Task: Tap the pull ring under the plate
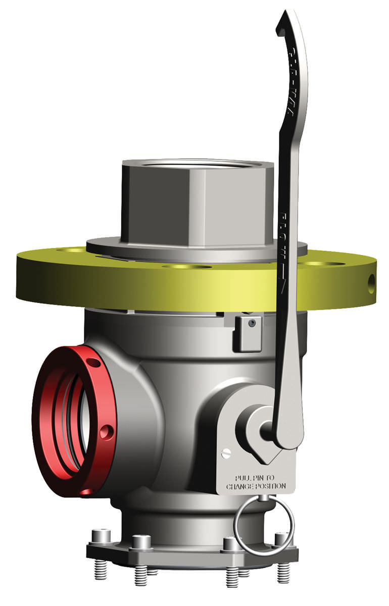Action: click(x=263, y=525)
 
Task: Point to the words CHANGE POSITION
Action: click(x=256, y=486)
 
